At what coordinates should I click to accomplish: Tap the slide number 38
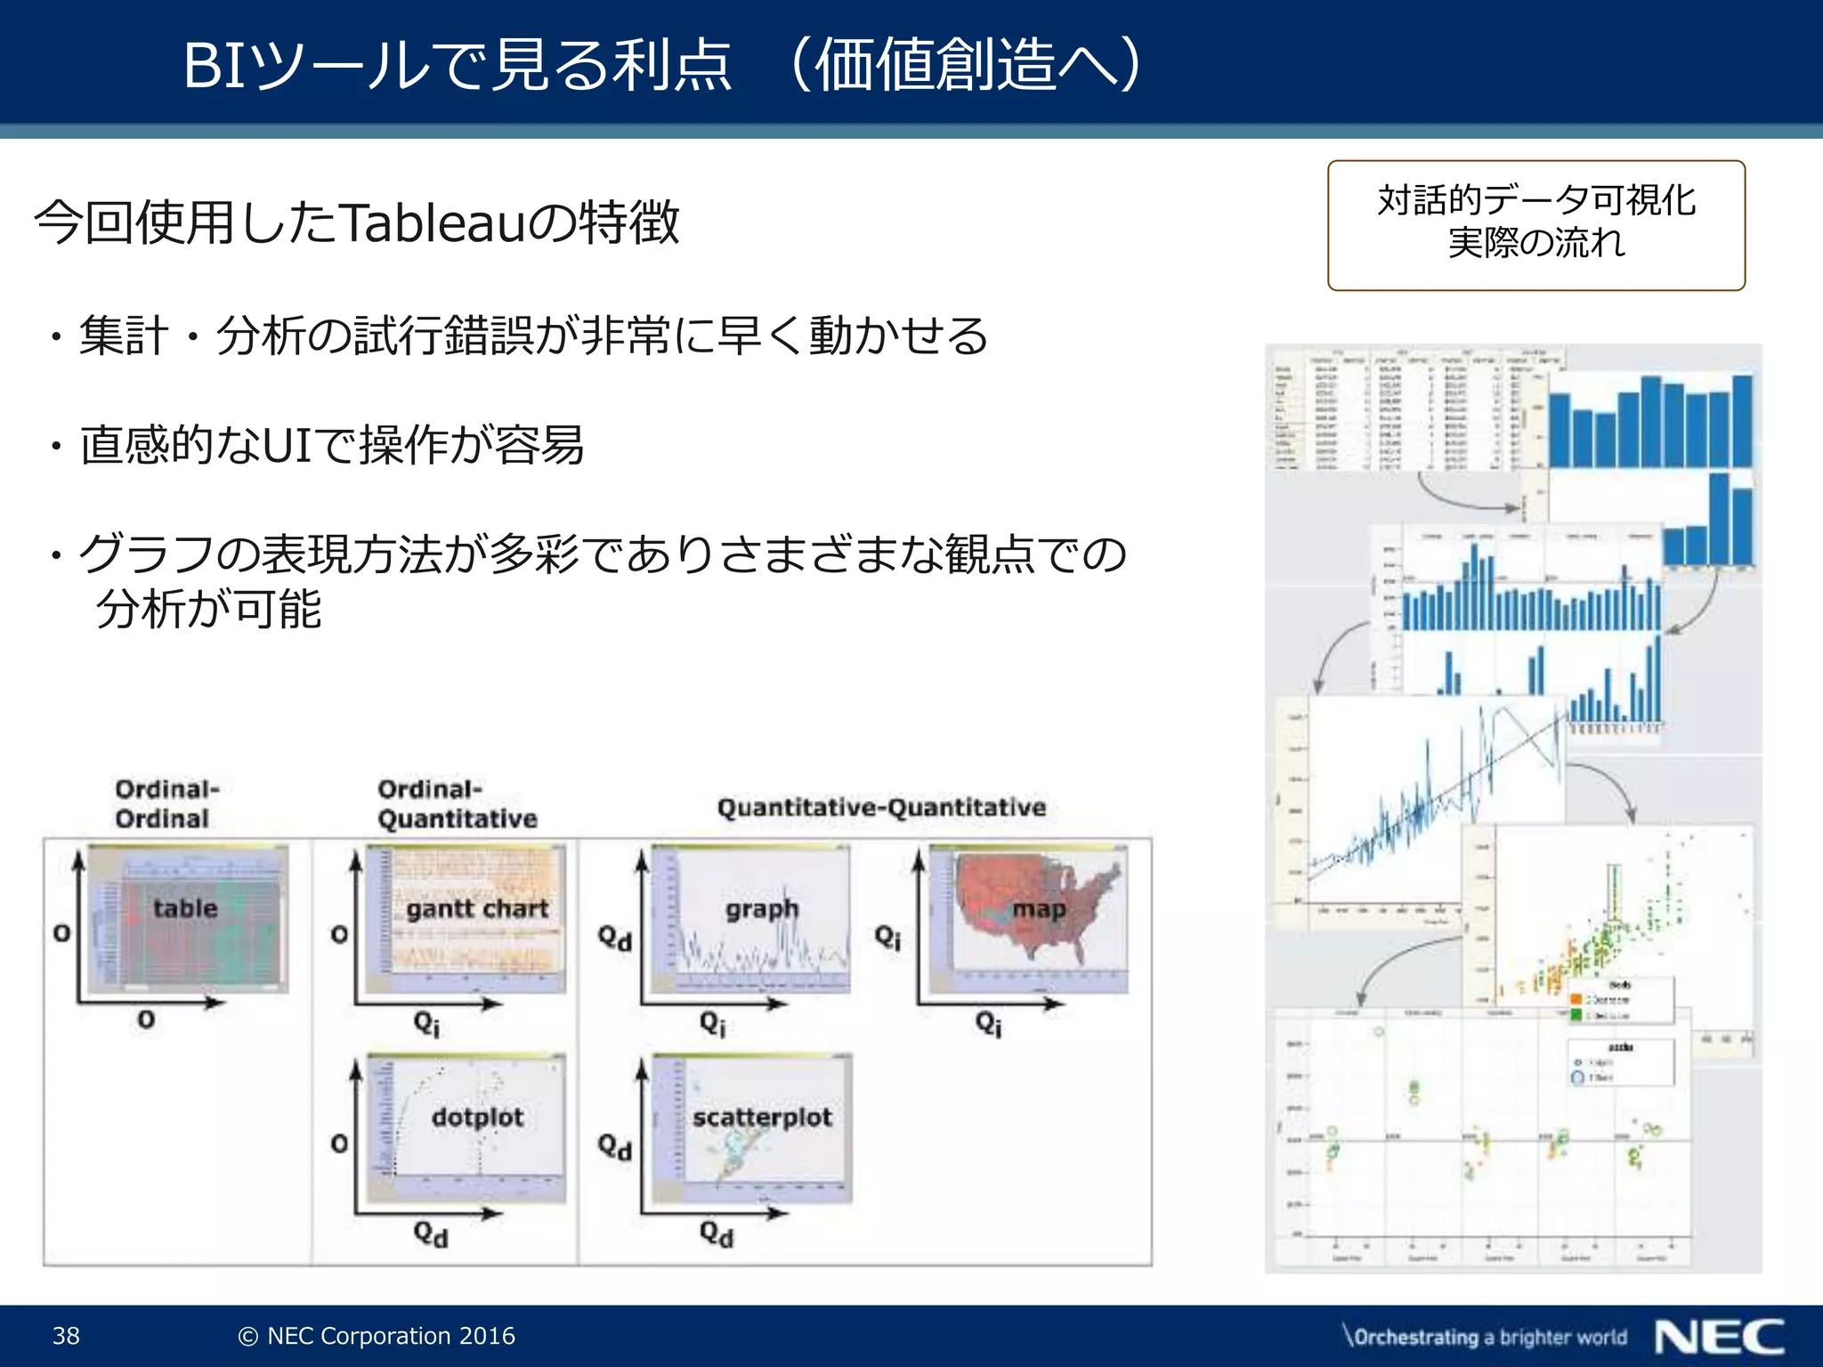tap(66, 1336)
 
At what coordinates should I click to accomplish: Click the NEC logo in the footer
tap(1719, 1337)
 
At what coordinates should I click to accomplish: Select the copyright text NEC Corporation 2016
tap(377, 1336)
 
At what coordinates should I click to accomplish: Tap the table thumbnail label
tap(185, 909)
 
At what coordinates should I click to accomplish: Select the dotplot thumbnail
tap(477, 1127)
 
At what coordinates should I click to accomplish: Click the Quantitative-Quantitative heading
tap(881, 807)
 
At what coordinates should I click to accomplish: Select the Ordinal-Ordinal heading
tap(166, 803)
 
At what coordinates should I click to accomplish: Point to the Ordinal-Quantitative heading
tap(457, 803)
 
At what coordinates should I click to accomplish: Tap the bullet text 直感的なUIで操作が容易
tap(331, 445)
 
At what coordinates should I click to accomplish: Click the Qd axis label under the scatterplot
tap(716, 1234)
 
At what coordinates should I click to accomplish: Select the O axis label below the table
tap(146, 1020)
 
